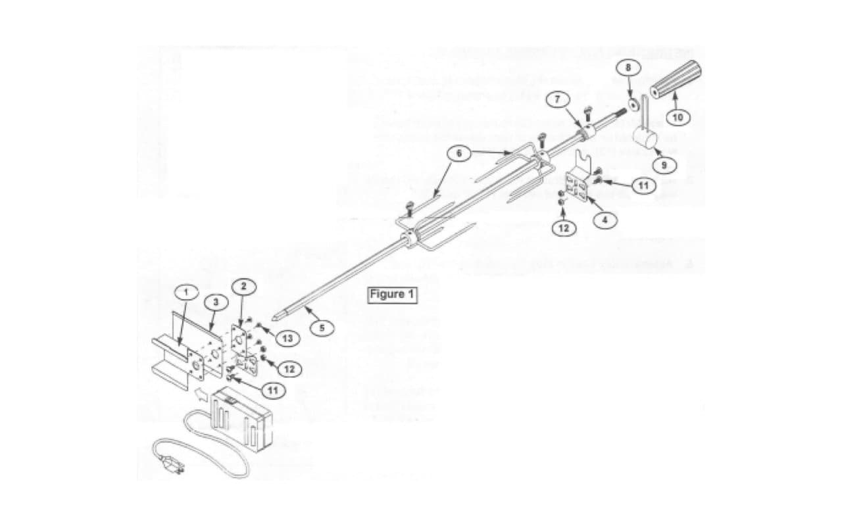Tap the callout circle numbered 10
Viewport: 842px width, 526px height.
click(x=678, y=117)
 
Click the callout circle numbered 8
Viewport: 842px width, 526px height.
click(x=628, y=68)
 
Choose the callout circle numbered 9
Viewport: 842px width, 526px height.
click(x=665, y=164)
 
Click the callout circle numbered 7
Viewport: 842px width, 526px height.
click(x=557, y=99)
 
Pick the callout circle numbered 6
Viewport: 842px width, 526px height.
click(x=459, y=153)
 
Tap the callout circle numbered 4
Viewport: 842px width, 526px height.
click(x=605, y=220)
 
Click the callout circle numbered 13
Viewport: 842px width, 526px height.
click(x=287, y=337)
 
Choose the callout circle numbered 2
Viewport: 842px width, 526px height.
click(x=243, y=286)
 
